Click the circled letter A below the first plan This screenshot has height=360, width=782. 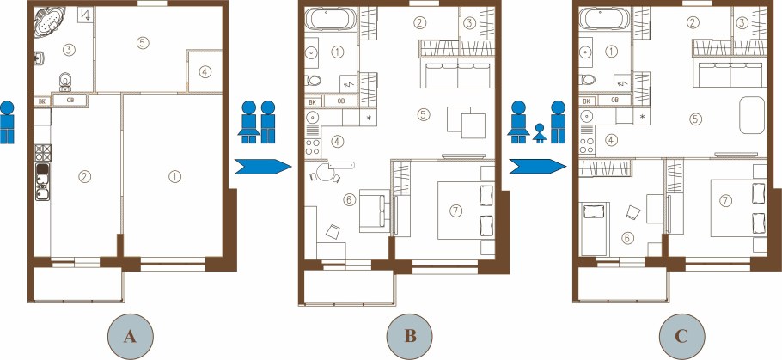click(130, 337)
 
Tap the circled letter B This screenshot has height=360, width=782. click(410, 337)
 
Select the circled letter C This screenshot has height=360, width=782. click(681, 337)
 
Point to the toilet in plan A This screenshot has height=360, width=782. click(65, 82)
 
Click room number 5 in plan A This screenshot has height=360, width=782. click(143, 42)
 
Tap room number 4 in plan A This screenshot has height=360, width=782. click(204, 72)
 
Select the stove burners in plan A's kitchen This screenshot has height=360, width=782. click(43, 152)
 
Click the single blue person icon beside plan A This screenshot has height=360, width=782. click(7, 122)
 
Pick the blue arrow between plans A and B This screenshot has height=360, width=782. click(263, 167)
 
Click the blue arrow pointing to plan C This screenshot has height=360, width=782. click(538, 167)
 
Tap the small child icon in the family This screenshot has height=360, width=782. click(539, 133)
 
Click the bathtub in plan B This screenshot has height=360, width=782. click(330, 20)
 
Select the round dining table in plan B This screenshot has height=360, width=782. click(326, 172)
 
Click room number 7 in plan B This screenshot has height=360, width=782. click(455, 211)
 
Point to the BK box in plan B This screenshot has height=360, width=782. click(313, 101)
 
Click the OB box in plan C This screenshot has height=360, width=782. click(614, 100)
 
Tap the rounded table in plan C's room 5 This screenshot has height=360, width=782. click(752, 115)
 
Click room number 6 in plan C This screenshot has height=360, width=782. click(627, 238)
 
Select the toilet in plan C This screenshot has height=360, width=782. click(587, 79)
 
